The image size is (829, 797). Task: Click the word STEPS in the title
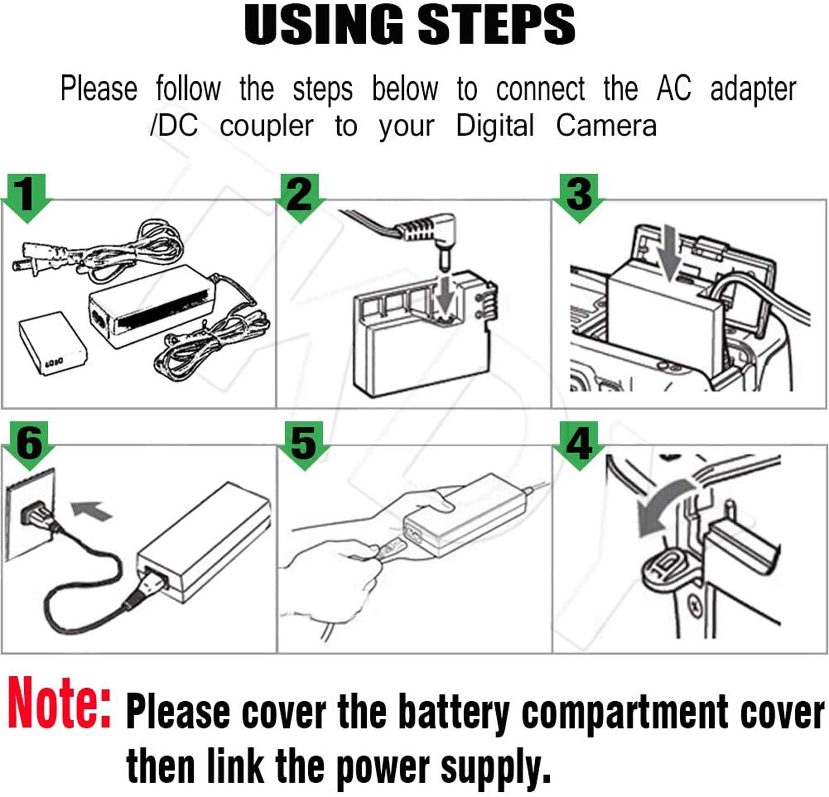pyautogui.click(x=496, y=25)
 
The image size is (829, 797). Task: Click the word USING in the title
pyautogui.click(x=323, y=25)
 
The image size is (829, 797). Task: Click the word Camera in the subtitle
pyautogui.click(x=606, y=126)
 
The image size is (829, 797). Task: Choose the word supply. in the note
pyautogui.click(x=495, y=767)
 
